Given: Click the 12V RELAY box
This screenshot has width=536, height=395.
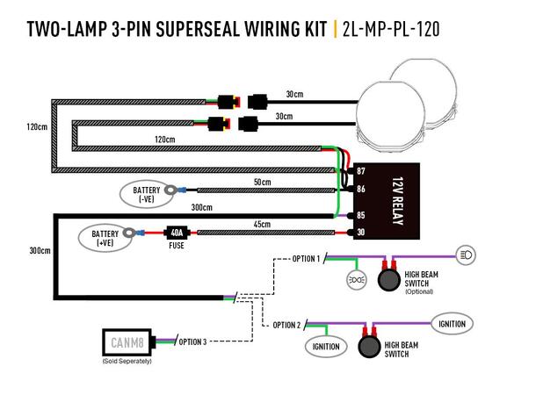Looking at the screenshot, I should tap(387, 202).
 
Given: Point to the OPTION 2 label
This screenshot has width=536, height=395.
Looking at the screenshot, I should tap(286, 325).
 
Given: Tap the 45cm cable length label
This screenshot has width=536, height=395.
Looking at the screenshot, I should tap(261, 224).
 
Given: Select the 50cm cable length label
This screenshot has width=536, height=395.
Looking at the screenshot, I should tap(261, 182).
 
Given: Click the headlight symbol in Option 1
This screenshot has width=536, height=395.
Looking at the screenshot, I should tap(467, 255).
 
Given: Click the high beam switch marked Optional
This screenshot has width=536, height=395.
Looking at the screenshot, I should tap(389, 281).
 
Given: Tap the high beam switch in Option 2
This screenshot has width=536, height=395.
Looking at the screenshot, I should tap(369, 346).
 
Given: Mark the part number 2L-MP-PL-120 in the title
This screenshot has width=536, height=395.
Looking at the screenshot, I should tap(391, 29).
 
